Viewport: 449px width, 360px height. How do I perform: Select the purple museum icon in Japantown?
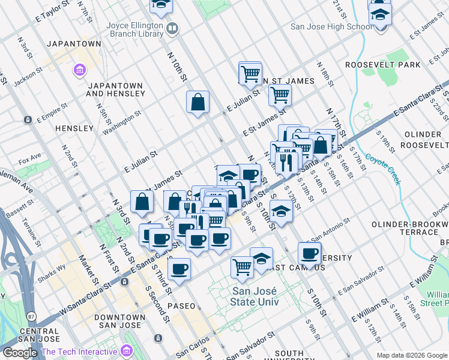(x=79, y=71)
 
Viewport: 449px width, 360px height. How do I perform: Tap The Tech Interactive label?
(x=79, y=352)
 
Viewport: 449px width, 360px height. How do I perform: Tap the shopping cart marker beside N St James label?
(x=250, y=74)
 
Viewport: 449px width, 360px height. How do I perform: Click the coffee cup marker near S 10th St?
(x=309, y=254)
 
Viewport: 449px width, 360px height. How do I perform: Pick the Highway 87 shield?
(x=30, y=315)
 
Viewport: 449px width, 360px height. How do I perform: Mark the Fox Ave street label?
(x=29, y=161)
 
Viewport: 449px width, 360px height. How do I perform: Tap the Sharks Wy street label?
(x=53, y=268)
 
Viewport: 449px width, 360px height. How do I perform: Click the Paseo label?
(x=181, y=305)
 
